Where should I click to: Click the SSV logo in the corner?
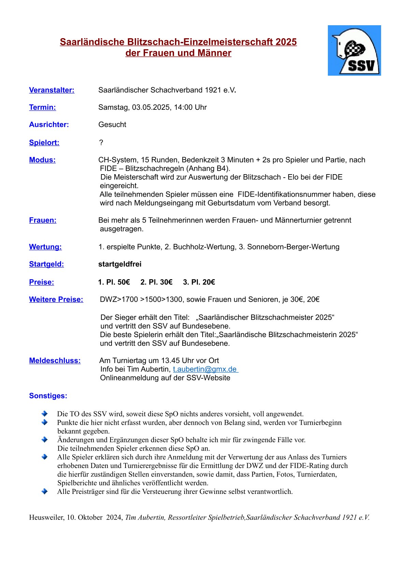(354, 50)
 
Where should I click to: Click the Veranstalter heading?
(52, 90)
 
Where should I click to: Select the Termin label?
(42, 107)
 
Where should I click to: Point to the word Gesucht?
(112, 125)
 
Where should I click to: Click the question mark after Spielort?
(101, 142)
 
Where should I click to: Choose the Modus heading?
(42, 160)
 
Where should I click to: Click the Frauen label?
(43, 220)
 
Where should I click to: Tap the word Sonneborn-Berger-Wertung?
(293, 247)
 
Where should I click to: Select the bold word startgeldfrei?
(120, 264)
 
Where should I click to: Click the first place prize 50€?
(124, 282)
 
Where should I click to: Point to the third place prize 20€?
(208, 282)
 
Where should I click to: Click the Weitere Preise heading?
(56, 299)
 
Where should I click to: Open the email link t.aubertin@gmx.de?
(205, 369)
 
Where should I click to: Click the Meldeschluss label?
(55, 361)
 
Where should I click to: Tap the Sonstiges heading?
(48, 396)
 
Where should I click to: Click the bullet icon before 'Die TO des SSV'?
(45, 413)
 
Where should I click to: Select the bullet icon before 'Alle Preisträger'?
(45, 492)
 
